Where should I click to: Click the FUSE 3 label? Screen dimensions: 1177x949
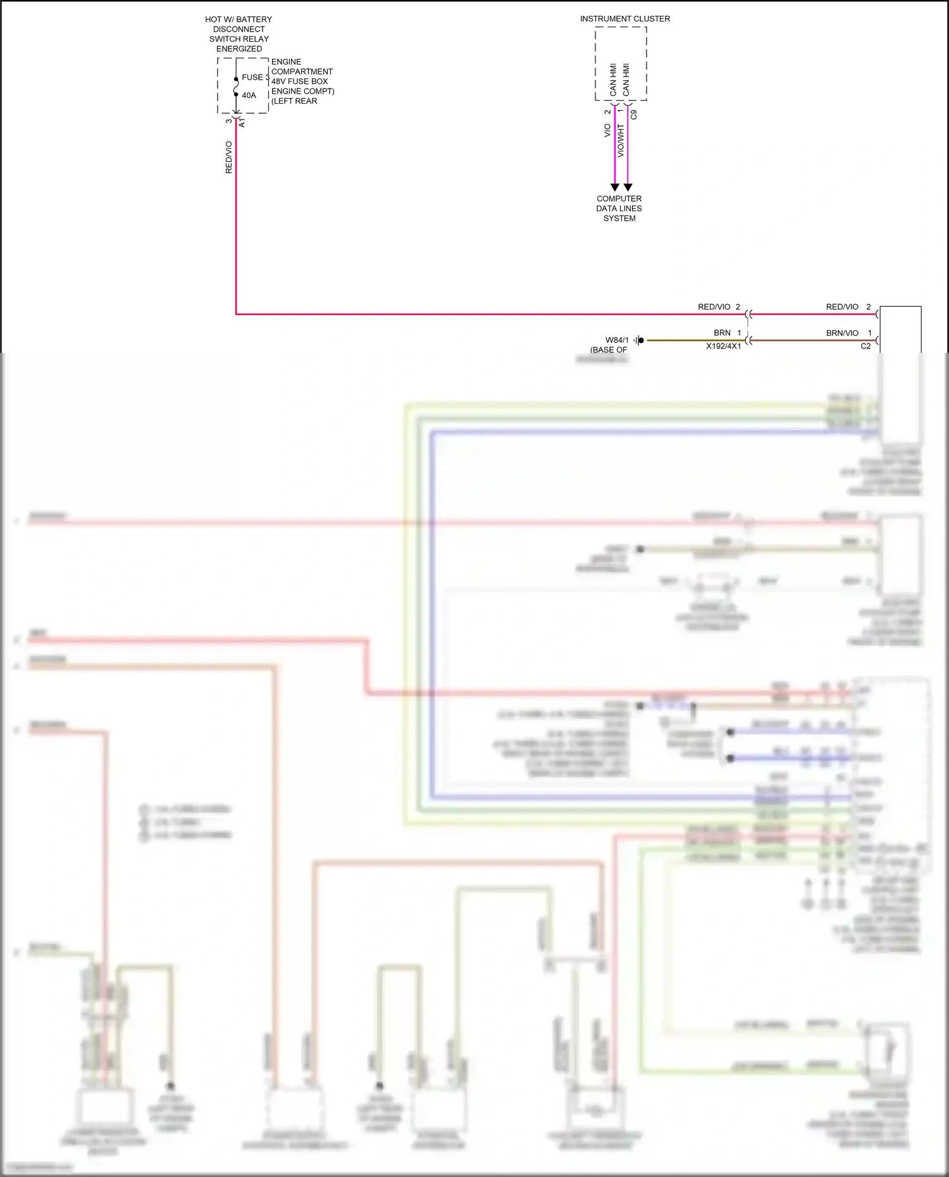tap(254, 77)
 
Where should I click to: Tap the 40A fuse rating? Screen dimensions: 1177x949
tap(249, 96)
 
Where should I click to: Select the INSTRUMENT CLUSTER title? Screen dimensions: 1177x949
tap(624, 19)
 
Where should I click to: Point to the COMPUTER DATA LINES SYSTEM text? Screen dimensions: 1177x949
tap(619, 208)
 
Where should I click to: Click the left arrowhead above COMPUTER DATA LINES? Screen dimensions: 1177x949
tap(614, 187)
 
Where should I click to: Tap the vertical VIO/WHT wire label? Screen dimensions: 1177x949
tap(621, 140)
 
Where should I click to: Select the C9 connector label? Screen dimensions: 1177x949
tap(634, 114)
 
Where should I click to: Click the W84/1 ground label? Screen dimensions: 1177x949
tap(617, 340)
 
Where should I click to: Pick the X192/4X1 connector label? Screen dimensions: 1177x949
tap(723, 347)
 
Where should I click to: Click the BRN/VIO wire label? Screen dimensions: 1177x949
tap(842, 333)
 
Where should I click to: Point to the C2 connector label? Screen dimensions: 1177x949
tap(865, 347)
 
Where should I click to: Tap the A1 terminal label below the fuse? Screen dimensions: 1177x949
tap(242, 123)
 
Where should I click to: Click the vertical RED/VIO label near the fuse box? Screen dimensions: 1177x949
tap(229, 157)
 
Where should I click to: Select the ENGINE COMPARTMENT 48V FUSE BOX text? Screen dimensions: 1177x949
tap(302, 81)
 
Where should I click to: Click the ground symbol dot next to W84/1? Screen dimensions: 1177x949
tap(640, 340)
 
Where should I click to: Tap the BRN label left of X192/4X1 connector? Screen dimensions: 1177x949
tap(722, 333)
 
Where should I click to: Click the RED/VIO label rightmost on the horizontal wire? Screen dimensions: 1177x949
tap(842, 307)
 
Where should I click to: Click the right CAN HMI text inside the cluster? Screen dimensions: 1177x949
tap(626, 80)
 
